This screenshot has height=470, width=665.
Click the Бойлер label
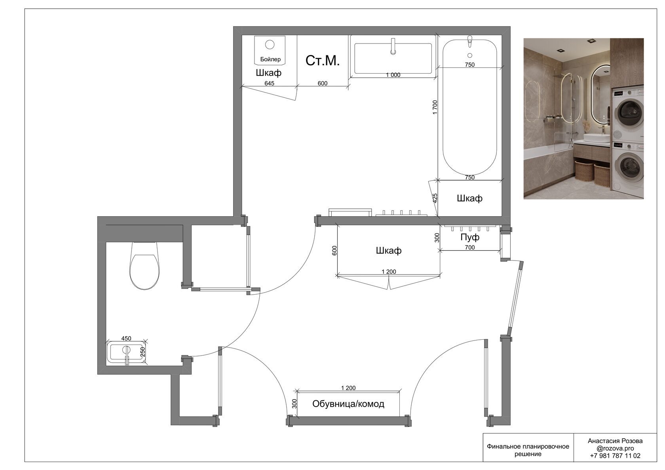click(x=270, y=59)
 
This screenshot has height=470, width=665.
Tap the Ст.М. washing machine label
click(x=322, y=61)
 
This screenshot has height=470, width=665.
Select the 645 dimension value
click(x=269, y=84)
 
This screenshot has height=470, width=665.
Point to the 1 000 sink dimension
click(x=393, y=75)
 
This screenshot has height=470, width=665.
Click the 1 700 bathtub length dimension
click(x=435, y=107)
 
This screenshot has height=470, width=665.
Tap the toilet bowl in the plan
click(x=144, y=265)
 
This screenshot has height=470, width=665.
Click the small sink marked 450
click(x=127, y=352)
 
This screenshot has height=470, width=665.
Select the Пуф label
click(x=469, y=237)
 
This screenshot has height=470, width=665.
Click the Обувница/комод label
click(x=348, y=404)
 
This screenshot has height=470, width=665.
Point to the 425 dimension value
click(x=435, y=198)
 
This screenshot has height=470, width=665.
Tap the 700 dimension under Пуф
click(x=469, y=247)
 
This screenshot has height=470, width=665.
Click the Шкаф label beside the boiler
click(x=268, y=73)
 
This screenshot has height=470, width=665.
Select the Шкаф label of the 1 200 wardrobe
click(x=389, y=251)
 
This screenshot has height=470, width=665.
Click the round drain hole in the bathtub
click(x=469, y=55)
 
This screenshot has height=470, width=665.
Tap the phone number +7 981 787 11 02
click(x=615, y=456)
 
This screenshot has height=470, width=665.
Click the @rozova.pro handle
click(x=615, y=449)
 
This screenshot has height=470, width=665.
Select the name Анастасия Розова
click(x=615, y=441)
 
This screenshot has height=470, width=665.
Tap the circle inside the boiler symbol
click(x=270, y=44)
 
